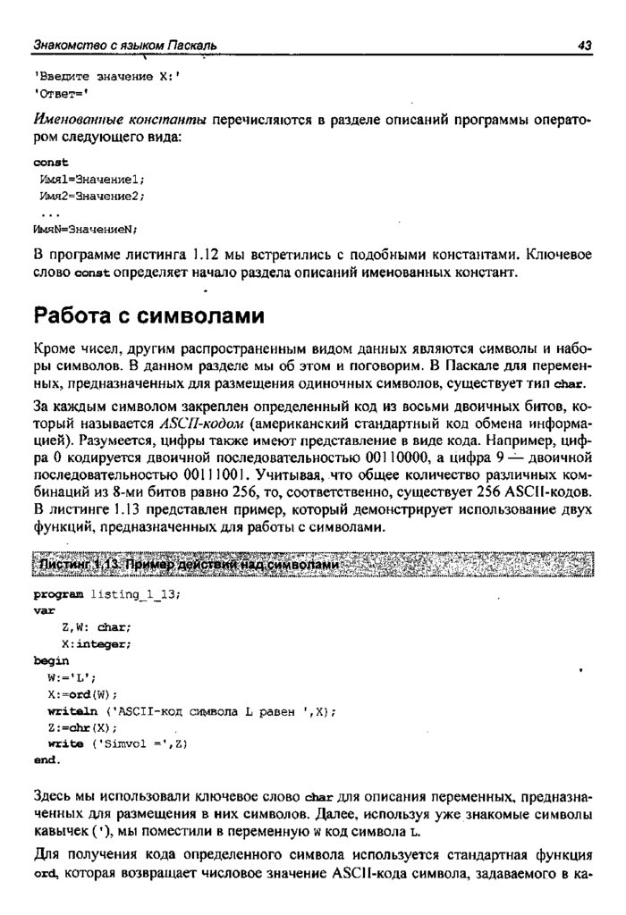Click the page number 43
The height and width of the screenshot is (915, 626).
586,44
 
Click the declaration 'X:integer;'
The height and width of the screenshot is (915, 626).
97,643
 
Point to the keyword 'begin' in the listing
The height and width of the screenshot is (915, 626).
50,660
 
